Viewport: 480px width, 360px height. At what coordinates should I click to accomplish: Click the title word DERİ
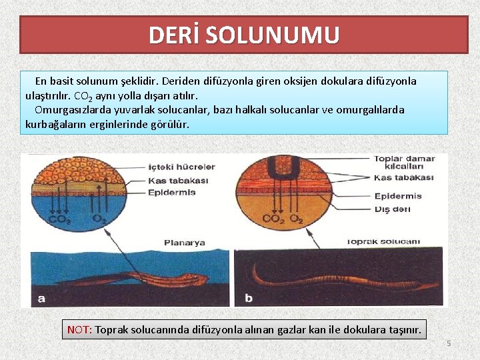point(174,35)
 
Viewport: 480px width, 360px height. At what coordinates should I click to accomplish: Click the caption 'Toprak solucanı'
point(383,241)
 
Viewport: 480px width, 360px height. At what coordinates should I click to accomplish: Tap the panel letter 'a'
point(41,298)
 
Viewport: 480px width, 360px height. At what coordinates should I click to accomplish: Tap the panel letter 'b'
point(249,298)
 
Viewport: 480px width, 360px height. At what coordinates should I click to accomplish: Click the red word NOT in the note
point(79,329)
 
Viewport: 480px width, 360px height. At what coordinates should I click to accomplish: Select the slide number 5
point(449,343)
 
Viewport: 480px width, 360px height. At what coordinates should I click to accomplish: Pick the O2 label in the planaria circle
point(98,218)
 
